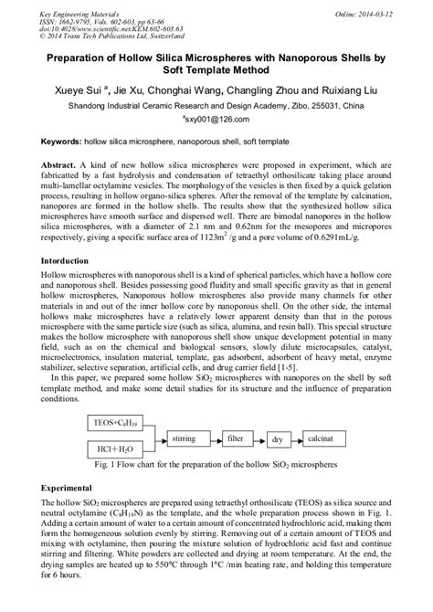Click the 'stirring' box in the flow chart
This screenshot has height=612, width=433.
coord(187,438)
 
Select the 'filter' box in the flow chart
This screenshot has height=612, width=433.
coord(239,438)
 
